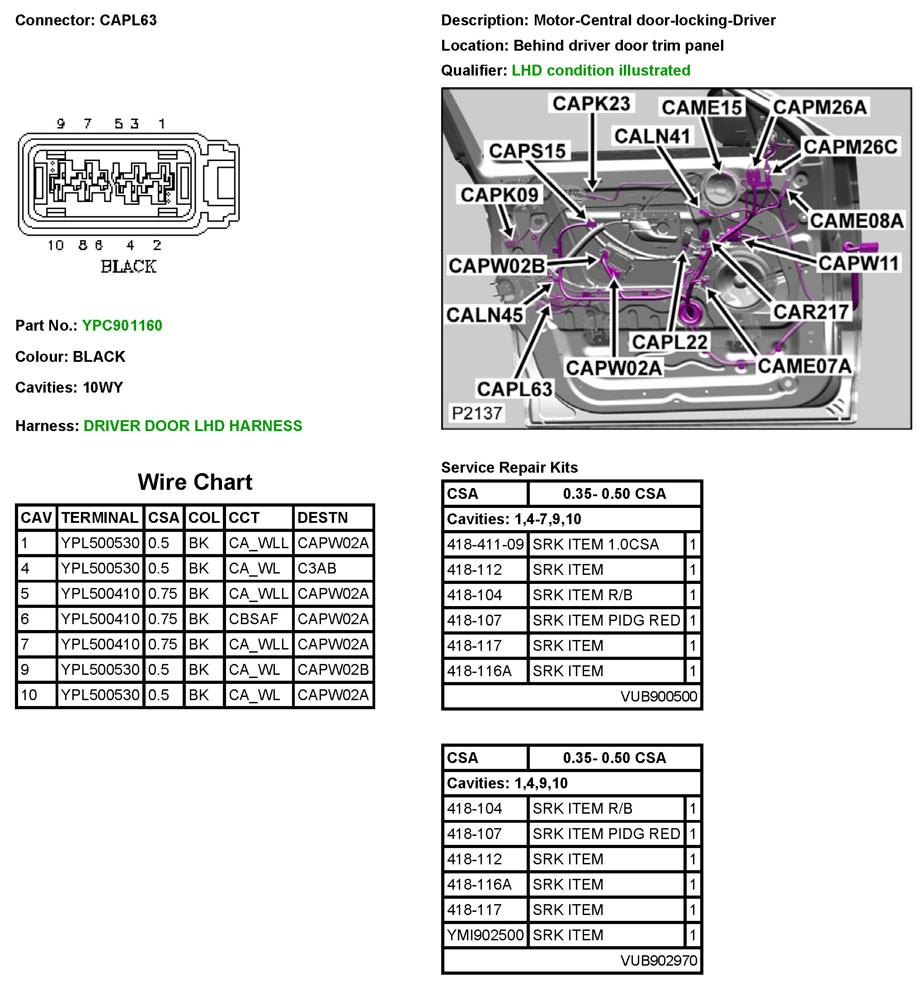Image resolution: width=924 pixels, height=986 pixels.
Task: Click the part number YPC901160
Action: pyautogui.click(x=122, y=325)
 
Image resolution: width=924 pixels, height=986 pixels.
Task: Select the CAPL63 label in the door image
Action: pyautogui.click(x=514, y=389)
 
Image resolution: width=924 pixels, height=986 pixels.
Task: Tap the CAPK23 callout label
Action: pyautogui.click(x=591, y=104)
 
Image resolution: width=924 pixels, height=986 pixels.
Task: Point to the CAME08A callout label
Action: pyautogui.click(x=856, y=220)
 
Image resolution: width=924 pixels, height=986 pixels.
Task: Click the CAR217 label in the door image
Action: pyautogui.click(x=811, y=312)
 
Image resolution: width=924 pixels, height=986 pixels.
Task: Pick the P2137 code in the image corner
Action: pyautogui.click(x=477, y=412)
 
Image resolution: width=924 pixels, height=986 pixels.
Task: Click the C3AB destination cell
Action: pyautogui.click(x=317, y=569)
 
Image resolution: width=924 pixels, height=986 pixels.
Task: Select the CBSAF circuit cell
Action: pyautogui.click(x=253, y=619)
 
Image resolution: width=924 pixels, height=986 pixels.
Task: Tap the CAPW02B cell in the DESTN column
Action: pyautogui.click(x=333, y=669)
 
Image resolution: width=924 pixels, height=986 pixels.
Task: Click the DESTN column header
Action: pyautogui.click(x=322, y=518)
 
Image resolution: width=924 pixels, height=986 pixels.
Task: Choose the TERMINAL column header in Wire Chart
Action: pyautogui.click(x=99, y=518)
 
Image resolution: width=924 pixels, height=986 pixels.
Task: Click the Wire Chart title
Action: pyautogui.click(x=195, y=482)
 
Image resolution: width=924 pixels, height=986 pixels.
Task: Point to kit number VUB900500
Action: pyautogui.click(x=658, y=697)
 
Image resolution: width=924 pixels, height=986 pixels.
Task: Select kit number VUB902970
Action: pyautogui.click(x=658, y=961)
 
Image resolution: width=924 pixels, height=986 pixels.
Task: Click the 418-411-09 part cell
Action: pyautogui.click(x=485, y=545)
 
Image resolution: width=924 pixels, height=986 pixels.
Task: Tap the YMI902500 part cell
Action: pyautogui.click(x=485, y=935)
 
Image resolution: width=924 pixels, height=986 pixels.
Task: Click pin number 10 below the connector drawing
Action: pyautogui.click(x=56, y=246)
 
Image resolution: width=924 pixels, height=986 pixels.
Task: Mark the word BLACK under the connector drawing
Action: pyautogui.click(x=128, y=267)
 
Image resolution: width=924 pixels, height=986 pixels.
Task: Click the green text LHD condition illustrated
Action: pyautogui.click(x=601, y=71)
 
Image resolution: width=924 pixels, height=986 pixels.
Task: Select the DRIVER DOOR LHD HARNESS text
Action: pyautogui.click(x=193, y=426)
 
